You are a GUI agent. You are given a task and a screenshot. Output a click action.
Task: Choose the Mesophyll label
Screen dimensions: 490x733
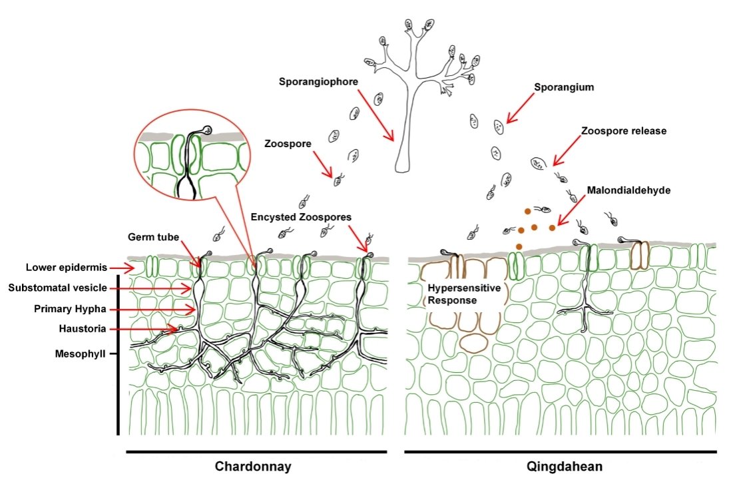78,354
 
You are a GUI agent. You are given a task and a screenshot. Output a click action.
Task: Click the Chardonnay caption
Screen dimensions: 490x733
253,467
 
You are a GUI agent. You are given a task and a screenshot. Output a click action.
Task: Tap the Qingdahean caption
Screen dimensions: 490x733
564,467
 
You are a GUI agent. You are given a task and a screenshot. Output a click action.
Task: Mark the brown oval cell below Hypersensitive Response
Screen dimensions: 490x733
473,342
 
